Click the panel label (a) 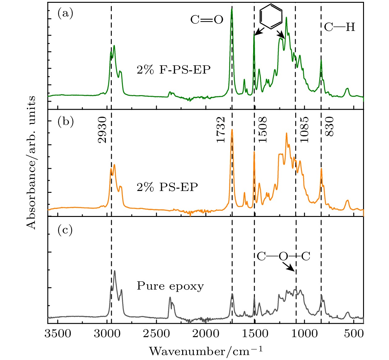(x=65, y=14)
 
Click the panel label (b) (x=65, y=121)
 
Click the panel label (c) (x=65, y=230)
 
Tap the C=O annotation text (x=207, y=20)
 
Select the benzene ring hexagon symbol (x=271, y=16)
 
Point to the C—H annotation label (x=340, y=28)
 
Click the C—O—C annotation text (x=283, y=256)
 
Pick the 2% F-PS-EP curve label (x=174, y=70)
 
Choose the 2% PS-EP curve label (x=167, y=187)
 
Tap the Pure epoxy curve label (x=170, y=286)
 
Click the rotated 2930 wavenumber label (x=102, y=130)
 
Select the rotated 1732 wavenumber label (x=221, y=130)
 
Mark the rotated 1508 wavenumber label (x=263, y=130)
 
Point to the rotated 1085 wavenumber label (x=304, y=130)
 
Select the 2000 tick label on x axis (x=205, y=334)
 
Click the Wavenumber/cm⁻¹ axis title (x=206, y=351)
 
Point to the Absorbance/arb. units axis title (x=31, y=163)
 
